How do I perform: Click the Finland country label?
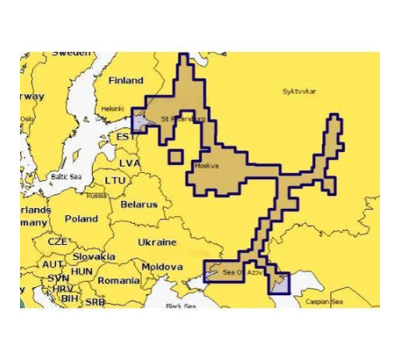[126, 81]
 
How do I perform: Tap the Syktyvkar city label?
[300, 92]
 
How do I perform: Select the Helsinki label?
[113, 109]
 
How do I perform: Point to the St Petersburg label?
[182, 119]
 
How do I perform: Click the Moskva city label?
[207, 166]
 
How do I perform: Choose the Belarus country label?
[138, 204]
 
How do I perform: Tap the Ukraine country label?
[157, 242]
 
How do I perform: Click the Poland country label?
[81, 218]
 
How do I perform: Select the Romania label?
[118, 281]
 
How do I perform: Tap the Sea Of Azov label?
[241, 274]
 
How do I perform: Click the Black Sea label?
[181, 306]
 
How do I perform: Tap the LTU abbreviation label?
[115, 181]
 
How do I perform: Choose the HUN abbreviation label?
[82, 271]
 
